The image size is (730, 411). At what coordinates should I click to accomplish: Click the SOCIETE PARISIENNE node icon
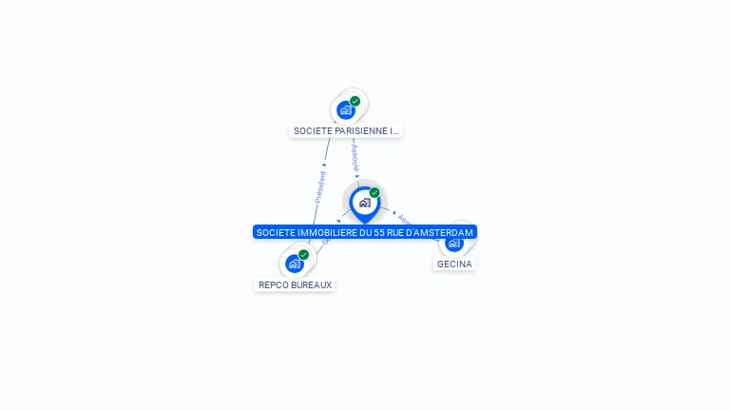(x=346, y=109)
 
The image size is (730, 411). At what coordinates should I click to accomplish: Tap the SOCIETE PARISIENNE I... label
(x=346, y=131)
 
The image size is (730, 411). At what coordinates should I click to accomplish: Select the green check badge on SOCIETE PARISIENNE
(x=355, y=101)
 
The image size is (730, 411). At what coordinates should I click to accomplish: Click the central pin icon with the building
(x=364, y=203)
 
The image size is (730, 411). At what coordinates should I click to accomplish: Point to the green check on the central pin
(x=375, y=193)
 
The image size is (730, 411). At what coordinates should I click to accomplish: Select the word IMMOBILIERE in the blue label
(x=329, y=232)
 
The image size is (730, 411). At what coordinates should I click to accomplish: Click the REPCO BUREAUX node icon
(x=295, y=264)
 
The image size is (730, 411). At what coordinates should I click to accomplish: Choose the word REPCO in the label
(x=274, y=284)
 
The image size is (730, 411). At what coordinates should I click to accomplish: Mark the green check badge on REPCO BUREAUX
(x=303, y=255)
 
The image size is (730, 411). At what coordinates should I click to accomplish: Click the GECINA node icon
(x=454, y=243)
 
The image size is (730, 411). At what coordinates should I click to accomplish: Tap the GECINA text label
(x=454, y=264)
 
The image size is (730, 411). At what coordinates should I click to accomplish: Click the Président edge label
(x=320, y=186)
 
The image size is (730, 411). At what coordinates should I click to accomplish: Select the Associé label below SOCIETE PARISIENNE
(x=355, y=156)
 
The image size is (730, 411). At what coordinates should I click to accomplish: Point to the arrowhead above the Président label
(x=324, y=165)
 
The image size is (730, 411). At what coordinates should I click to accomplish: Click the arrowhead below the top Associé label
(x=357, y=176)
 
